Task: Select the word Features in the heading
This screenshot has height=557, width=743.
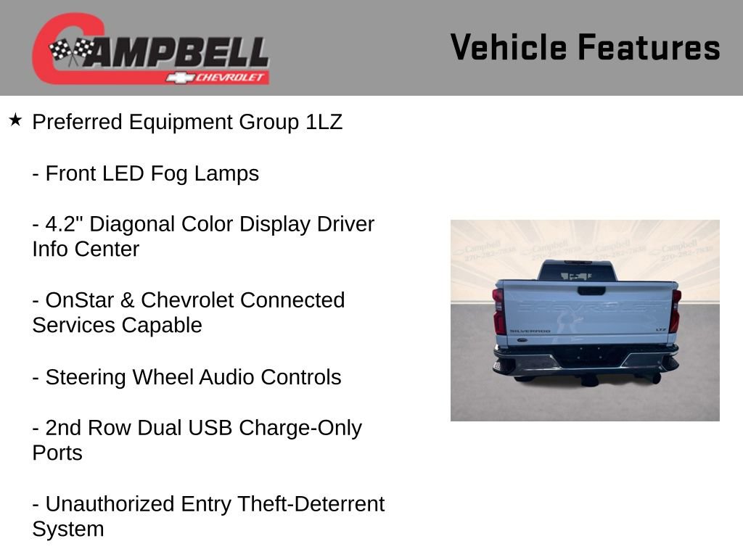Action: tap(649, 48)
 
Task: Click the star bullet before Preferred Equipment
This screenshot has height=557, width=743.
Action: tap(15, 120)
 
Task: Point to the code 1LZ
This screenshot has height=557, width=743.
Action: tap(323, 122)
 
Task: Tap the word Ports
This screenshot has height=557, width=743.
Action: tap(57, 453)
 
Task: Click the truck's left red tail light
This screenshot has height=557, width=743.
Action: tap(498, 310)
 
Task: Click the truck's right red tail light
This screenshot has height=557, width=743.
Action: tap(676, 310)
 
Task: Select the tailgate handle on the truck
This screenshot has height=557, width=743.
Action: tap(591, 291)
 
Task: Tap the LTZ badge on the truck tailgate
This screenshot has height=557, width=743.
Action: tap(661, 329)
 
